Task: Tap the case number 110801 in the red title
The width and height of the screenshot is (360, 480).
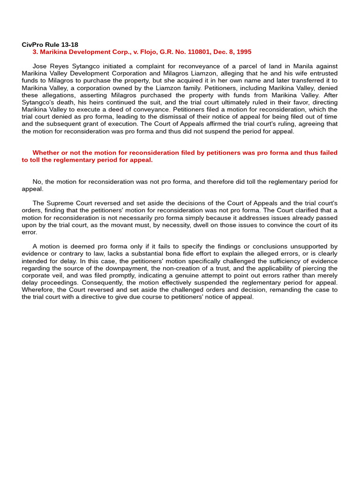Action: pos(188,52)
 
